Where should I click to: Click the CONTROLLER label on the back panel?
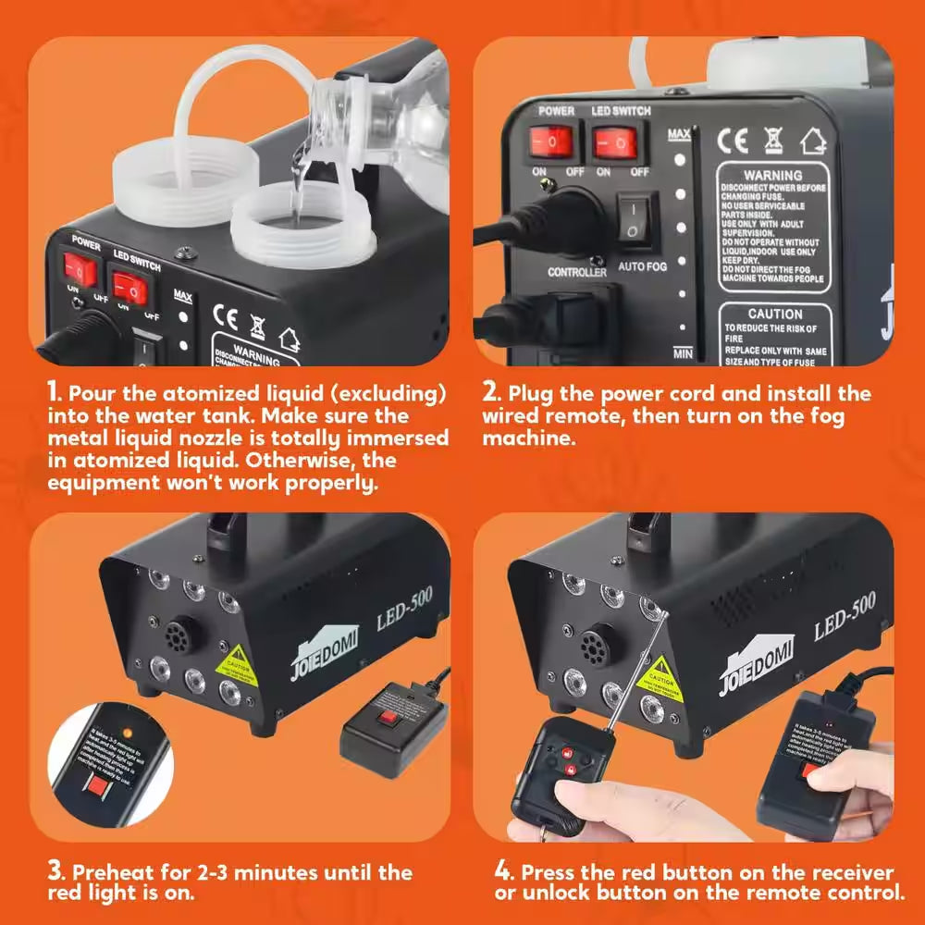(x=577, y=272)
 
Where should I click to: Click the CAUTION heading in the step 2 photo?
(x=774, y=314)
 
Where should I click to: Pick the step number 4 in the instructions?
(x=501, y=871)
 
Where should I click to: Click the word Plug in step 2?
(x=533, y=393)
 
